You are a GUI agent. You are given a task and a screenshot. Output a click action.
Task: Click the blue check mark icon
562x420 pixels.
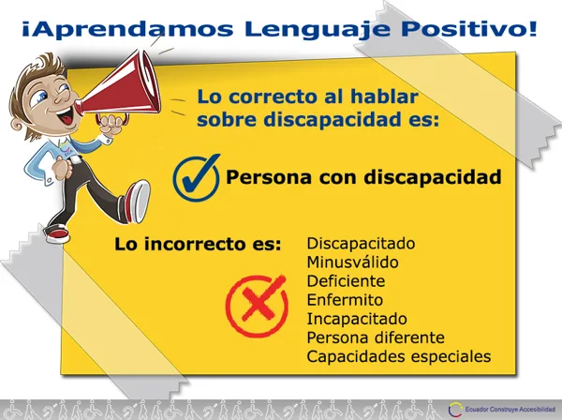[197, 178]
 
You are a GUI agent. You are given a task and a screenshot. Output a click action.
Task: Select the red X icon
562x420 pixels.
[257, 306]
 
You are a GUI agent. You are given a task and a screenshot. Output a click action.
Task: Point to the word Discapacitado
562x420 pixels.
[361, 243]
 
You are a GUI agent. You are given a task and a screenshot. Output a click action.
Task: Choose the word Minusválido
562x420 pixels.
[353, 262]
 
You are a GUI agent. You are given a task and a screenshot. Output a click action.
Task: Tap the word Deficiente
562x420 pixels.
[346, 281]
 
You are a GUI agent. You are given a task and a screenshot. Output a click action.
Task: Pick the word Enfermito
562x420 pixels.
[345, 300]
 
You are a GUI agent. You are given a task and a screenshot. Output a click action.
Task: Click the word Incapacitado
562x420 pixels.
[357, 319]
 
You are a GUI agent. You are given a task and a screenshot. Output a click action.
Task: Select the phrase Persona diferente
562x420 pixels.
[376, 337]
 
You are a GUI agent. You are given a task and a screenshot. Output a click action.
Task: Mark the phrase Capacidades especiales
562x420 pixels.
[399, 356]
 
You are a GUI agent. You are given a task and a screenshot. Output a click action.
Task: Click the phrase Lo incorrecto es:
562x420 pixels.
[198, 245]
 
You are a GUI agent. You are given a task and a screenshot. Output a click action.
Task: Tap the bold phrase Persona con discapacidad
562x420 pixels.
[363, 177]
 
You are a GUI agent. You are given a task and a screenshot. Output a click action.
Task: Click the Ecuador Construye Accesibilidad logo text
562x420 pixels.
[510, 409]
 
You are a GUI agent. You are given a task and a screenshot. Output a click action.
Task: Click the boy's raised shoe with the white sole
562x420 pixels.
[139, 201]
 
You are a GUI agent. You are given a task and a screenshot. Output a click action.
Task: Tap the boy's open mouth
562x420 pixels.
[66, 117]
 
